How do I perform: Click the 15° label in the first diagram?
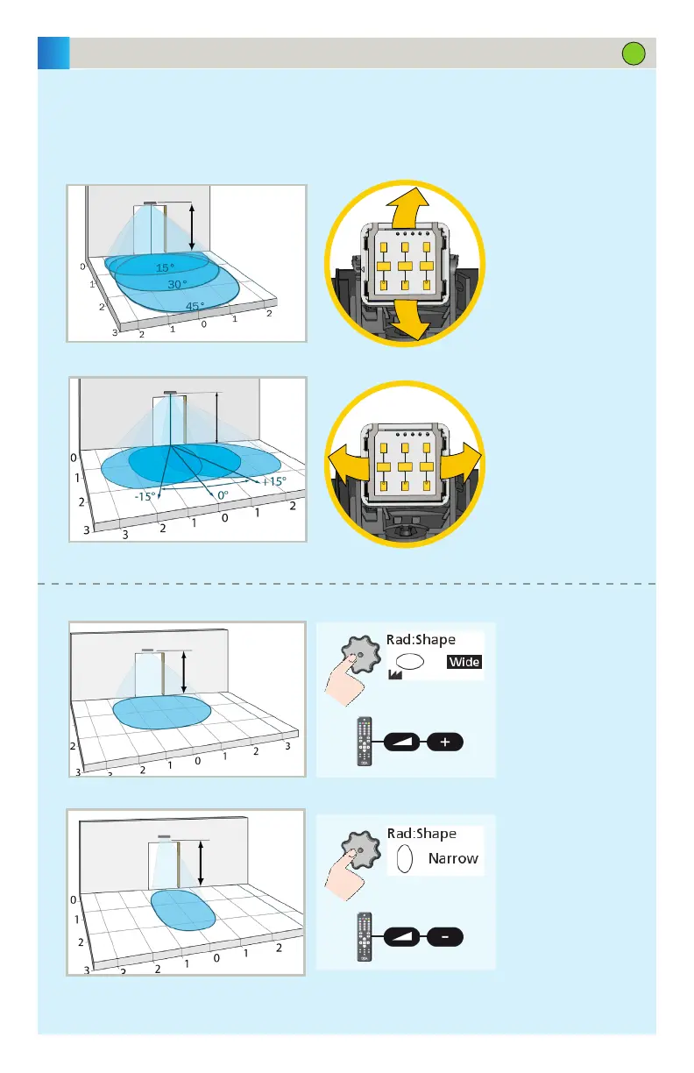[165, 267]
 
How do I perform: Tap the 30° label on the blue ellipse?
[178, 284]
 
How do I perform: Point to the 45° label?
[195, 307]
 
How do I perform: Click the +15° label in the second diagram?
[273, 481]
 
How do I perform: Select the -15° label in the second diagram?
[145, 495]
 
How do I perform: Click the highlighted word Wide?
[464, 662]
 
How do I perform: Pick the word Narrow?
[453, 858]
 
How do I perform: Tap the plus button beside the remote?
[444, 742]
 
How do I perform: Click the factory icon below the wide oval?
[396, 678]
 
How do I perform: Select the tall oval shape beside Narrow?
[405, 859]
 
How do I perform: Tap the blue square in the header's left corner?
[53, 53]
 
